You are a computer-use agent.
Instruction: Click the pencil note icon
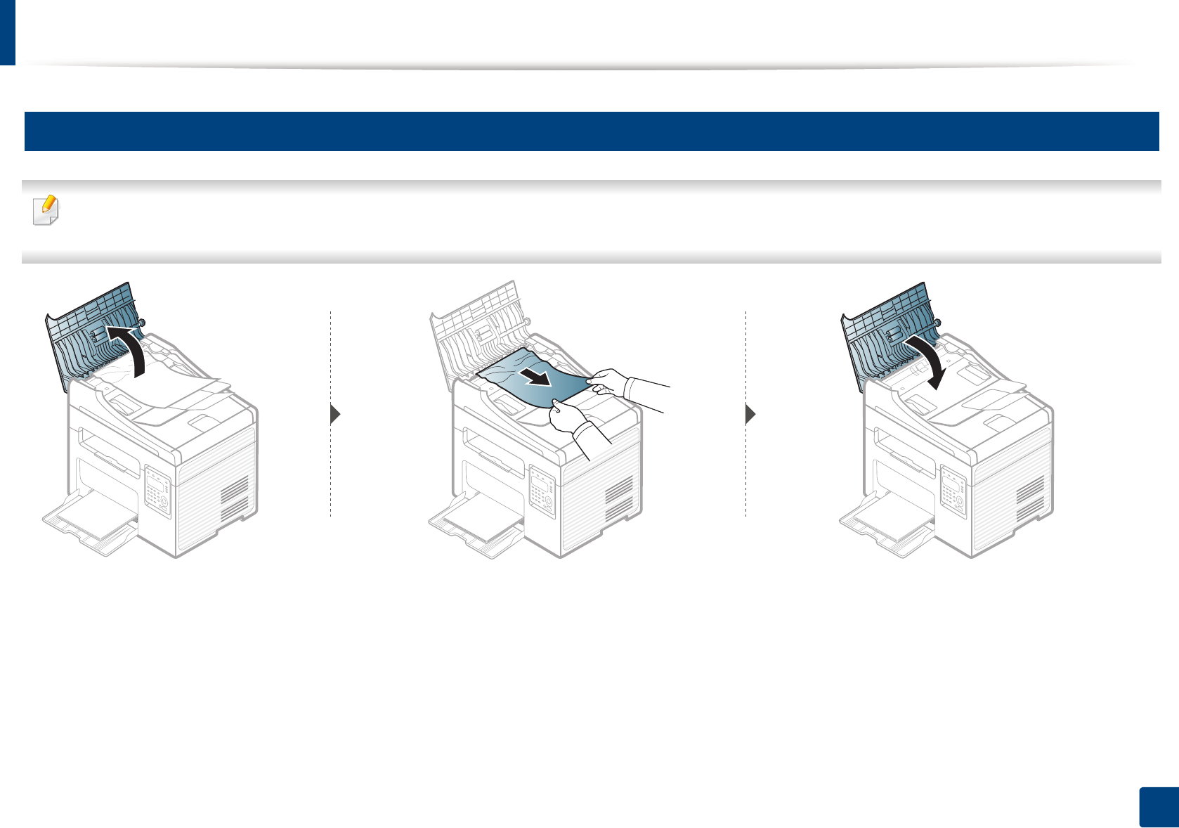click(x=46, y=209)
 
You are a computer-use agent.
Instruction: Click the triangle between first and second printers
click(x=335, y=415)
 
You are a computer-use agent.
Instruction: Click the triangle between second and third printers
click(x=750, y=415)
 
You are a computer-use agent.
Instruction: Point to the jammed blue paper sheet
click(x=534, y=383)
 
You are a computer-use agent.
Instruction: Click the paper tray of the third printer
click(x=885, y=524)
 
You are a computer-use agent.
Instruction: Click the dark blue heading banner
click(x=591, y=131)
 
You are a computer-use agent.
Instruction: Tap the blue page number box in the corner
click(x=1157, y=808)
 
